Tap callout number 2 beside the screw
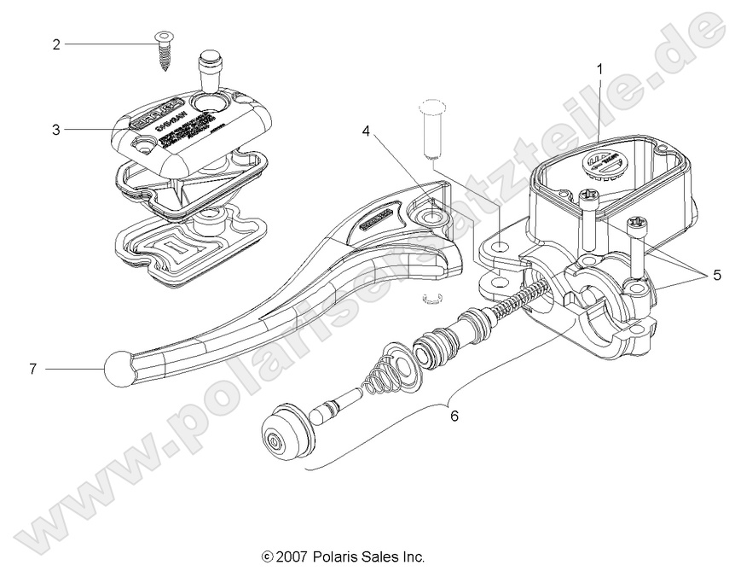point(55,44)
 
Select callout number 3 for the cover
point(55,130)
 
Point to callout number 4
point(365,131)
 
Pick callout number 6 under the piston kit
point(453,416)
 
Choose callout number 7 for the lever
point(33,369)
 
